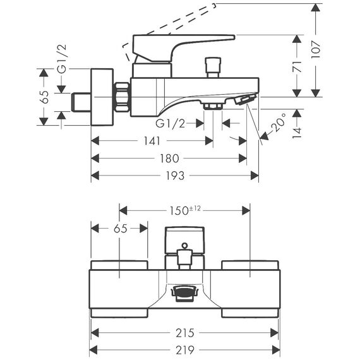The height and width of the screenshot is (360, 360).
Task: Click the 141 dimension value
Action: [x=152, y=141]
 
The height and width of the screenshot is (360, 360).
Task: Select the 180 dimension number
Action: [x=169, y=159]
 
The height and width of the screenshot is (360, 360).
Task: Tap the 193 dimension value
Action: [x=175, y=176]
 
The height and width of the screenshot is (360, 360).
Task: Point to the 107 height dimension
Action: [x=316, y=50]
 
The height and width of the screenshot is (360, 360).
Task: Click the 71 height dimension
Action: [x=297, y=66]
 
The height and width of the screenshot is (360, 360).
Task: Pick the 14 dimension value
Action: [x=297, y=133]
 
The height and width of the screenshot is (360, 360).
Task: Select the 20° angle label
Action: [x=279, y=123]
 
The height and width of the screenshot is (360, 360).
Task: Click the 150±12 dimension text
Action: [x=185, y=210]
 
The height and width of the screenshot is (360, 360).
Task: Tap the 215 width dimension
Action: [x=185, y=333]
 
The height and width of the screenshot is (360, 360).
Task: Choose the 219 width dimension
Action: [x=185, y=351]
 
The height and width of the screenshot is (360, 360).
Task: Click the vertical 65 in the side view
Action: [x=44, y=97]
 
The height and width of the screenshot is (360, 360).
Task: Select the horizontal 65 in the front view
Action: [x=120, y=229]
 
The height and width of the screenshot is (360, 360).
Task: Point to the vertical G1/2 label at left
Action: [x=62, y=59]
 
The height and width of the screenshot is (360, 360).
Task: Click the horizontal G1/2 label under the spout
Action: [x=170, y=124]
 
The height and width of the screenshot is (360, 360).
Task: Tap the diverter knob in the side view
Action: [x=213, y=68]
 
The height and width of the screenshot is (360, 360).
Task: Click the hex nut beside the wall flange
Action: [x=122, y=97]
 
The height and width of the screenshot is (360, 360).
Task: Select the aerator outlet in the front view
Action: [x=184, y=293]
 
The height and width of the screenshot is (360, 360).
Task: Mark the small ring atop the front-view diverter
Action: [x=185, y=246]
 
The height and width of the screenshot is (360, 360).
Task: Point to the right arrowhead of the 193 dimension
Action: [x=255, y=176]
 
